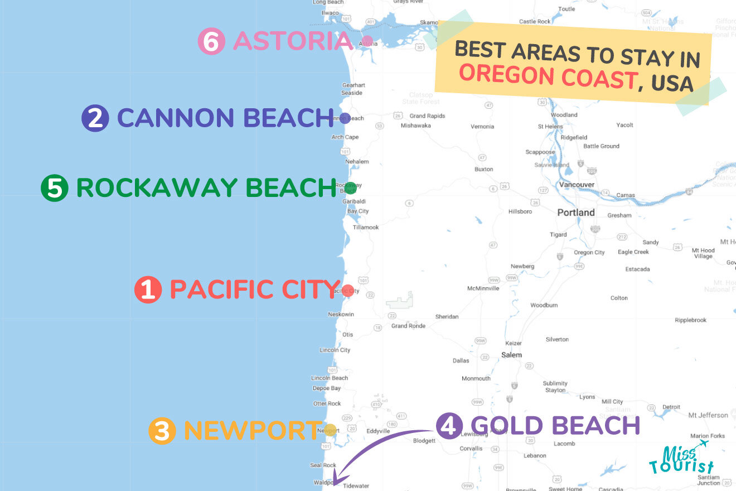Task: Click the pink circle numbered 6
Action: click(x=211, y=42)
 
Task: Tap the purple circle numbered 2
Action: click(x=95, y=118)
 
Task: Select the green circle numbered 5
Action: click(x=55, y=188)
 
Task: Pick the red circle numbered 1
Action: click(x=148, y=290)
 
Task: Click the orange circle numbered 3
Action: click(x=162, y=431)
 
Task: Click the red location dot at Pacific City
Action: click(x=348, y=290)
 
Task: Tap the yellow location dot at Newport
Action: click(x=331, y=430)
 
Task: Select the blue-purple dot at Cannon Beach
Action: click(x=345, y=118)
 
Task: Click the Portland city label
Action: click(x=576, y=213)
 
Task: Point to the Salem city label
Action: click(x=511, y=355)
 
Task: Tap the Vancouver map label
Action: click(x=577, y=185)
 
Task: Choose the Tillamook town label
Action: click(x=366, y=228)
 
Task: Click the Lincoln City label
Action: click(x=335, y=350)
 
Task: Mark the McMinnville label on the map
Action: click(x=483, y=288)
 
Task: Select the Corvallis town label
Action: click(x=471, y=449)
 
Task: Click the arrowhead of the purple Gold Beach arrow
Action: click(x=337, y=482)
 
